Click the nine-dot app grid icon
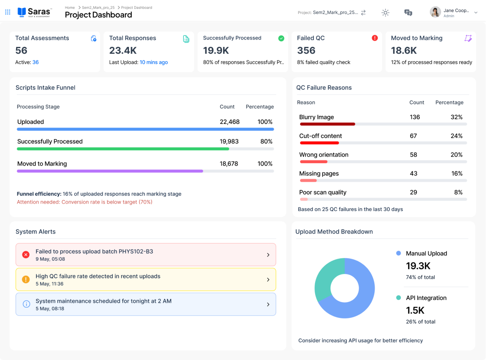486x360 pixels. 8,12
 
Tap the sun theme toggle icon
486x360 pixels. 385,12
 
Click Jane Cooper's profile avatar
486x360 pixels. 435,12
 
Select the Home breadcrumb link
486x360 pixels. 70,7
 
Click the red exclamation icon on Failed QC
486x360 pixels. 375,38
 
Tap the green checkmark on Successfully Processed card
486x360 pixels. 281,39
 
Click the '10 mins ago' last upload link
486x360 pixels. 154,62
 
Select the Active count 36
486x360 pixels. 35,62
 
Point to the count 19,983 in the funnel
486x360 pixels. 229,141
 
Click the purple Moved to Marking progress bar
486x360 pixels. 110,171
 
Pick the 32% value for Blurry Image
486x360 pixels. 456,117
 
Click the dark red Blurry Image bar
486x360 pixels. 327,124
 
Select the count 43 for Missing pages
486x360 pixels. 414,173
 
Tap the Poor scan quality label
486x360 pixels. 323,192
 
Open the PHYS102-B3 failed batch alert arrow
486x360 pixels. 268,255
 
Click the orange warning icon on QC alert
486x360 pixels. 26,280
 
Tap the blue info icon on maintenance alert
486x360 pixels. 26,304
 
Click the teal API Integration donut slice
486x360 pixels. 326,278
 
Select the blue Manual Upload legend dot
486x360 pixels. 399,253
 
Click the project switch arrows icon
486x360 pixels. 363,12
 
